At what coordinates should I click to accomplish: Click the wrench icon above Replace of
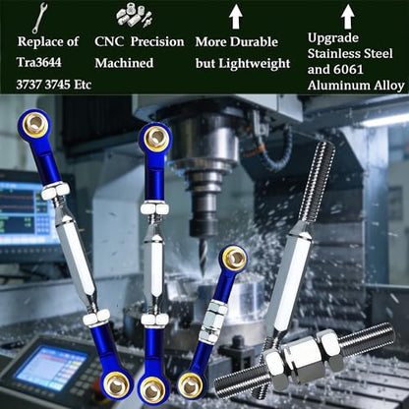pyautogui.click(x=39, y=18)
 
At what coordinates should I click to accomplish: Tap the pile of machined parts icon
pyautogui.click(x=134, y=16)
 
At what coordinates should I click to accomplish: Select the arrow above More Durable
pyautogui.click(x=235, y=17)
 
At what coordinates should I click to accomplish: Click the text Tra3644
pyautogui.click(x=39, y=62)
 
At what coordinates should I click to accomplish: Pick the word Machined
pyautogui.click(x=124, y=63)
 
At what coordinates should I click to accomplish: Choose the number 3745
pyautogui.click(x=57, y=85)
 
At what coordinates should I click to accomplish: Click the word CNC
pyautogui.click(x=109, y=41)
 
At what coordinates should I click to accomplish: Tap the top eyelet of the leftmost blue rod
pyautogui.click(x=35, y=123)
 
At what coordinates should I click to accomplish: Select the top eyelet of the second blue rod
pyautogui.click(x=155, y=138)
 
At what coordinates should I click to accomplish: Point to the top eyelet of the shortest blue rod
pyautogui.click(x=233, y=258)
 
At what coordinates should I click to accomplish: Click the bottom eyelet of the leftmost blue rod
pyautogui.click(x=117, y=385)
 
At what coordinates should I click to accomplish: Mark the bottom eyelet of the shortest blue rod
pyautogui.click(x=191, y=385)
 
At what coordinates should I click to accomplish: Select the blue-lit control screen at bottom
pyautogui.click(x=51, y=368)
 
